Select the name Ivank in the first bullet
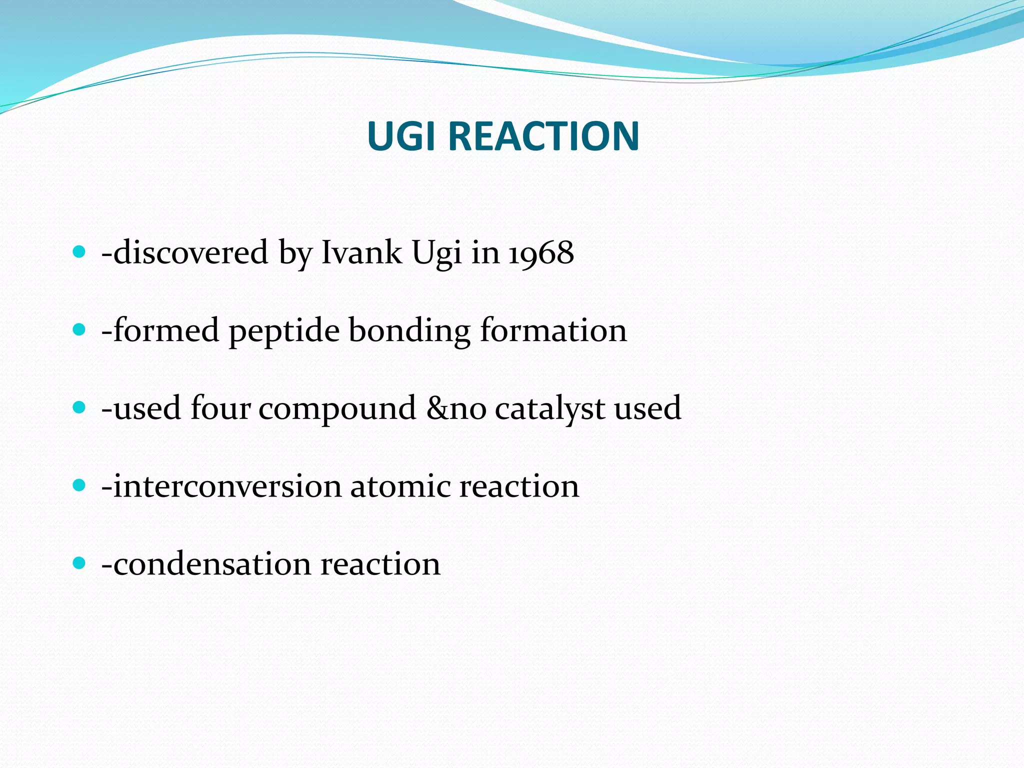point(361,252)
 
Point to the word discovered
point(190,252)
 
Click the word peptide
point(284,331)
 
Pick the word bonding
point(409,331)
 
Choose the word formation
point(553,330)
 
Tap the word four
point(220,408)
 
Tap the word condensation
point(211,564)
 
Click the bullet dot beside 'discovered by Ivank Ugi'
point(79,251)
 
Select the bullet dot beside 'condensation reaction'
point(79,563)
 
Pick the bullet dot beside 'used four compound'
point(79,407)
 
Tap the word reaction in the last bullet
point(380,564)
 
